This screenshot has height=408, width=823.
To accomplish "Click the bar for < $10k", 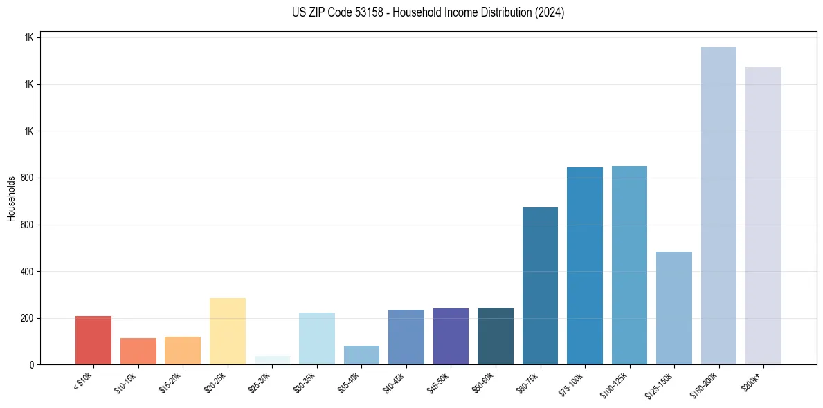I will coord(93,340).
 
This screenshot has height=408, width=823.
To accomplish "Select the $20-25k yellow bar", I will coord(228,331).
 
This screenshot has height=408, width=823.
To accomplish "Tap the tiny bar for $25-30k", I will coord(272,360).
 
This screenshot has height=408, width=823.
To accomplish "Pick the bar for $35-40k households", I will coord(361,355).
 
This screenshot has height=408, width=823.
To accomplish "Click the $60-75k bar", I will coord(540,286).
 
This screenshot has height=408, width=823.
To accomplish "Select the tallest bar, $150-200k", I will coord(718,206).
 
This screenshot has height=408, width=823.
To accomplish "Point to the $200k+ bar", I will coord(763,216).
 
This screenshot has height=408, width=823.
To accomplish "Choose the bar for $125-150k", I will coord(674,308).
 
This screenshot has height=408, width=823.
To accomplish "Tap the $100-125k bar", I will coord(629,266).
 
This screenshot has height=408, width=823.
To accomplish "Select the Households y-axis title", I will coord(11,198).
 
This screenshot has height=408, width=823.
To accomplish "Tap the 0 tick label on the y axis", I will coord(31,365).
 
